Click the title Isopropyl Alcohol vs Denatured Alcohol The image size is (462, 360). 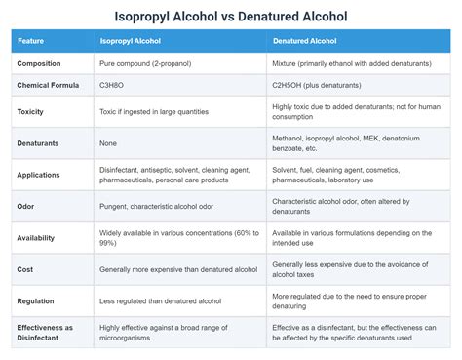[x=231, y=17]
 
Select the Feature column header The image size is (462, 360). [x=31, y=42]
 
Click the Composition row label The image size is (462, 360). [x=40, y=63]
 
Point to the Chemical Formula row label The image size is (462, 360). [x=48, y=85]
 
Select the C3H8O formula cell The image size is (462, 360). [x=114, y=85]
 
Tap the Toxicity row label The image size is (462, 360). [x=30, y=112]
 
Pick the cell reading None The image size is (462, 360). [x=110, y=143]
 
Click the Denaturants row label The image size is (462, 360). [x=38, y=143]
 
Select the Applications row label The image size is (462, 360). [x=40, y=175]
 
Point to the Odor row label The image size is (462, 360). [x=26, y=206]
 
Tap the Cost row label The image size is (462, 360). [x=25, y=268]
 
